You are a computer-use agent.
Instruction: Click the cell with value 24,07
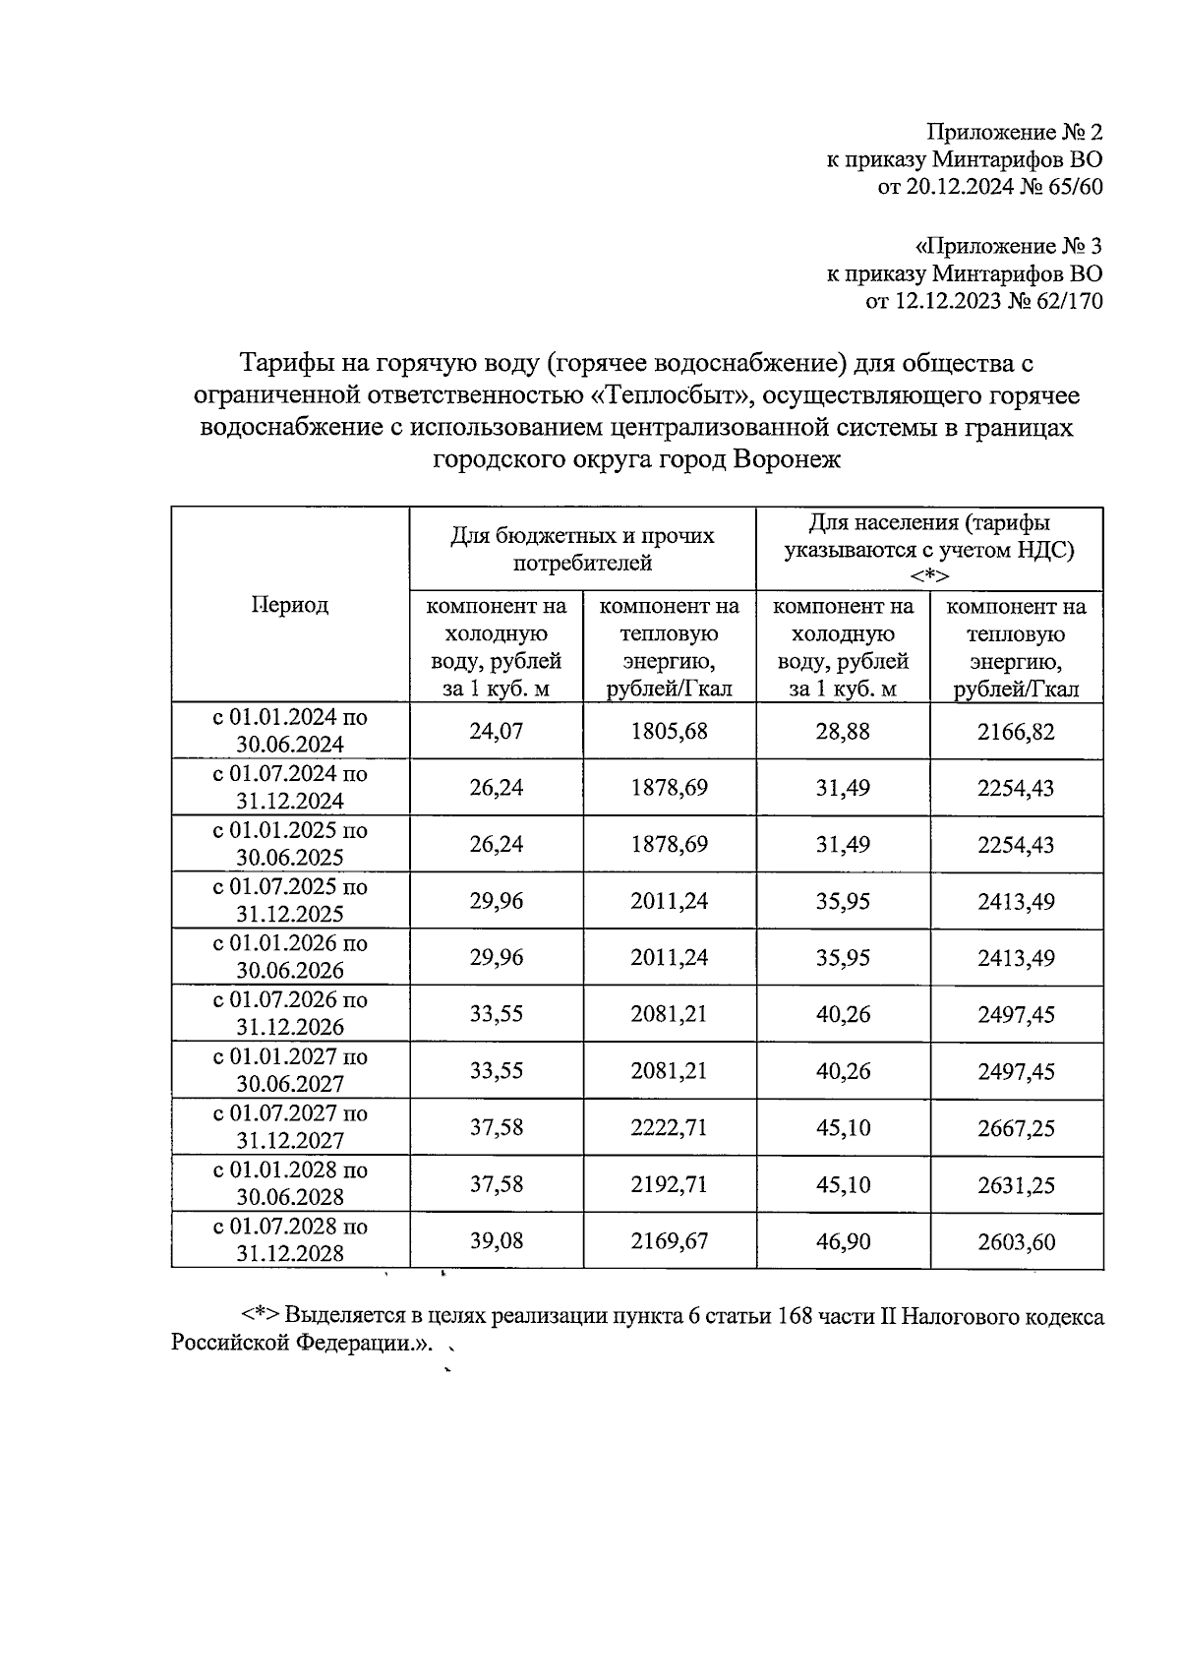497,731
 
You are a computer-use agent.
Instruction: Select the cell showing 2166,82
1016,731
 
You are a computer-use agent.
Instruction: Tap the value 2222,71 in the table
669,1128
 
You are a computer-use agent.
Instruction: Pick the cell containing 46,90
843,1241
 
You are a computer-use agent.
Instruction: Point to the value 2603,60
1016,1241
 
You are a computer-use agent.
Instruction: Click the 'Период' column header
290,604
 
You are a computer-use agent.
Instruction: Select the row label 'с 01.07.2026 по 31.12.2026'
290,1013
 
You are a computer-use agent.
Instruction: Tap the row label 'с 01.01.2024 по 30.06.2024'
290,730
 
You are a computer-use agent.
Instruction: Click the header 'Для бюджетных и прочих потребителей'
582,549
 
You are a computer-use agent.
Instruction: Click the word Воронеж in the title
786,458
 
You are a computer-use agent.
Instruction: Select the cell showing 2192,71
669,1184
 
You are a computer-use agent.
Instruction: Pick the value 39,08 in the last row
497,1241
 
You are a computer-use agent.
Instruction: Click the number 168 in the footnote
796,1317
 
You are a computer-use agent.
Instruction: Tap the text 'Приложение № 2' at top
1015,132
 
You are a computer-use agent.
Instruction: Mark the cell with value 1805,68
669,731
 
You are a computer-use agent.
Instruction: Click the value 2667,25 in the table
1016,1128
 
